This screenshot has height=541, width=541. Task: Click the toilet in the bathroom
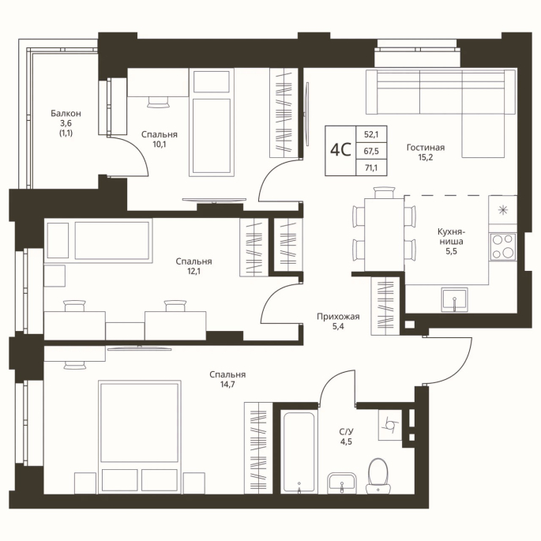(x=378, y=475)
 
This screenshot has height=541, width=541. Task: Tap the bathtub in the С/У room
(x=299, y=451)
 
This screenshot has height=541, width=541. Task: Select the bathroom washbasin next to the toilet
(x=341, y=483)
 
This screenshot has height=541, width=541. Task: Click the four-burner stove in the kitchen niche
(x=503, y=246)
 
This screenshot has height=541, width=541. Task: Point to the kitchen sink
(x=455, y=299)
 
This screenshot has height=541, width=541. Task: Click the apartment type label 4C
(x=340, y=150)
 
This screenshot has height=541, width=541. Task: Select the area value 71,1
(x=371, y=167)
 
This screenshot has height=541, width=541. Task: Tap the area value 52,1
(x=371, y=134)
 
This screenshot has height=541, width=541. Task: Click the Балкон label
(x=66, y=113)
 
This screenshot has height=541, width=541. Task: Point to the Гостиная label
(x=426, y=148)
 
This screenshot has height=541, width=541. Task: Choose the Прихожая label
(x=338, y=317)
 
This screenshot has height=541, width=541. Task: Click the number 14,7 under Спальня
(x=227, y=385)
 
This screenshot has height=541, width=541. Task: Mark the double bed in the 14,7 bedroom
(x=139, y=437)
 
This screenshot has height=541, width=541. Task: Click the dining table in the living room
(x=385, y=235)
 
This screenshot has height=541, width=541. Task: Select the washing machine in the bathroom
(x=390, y=425)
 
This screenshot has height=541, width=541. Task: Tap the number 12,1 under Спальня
(x=194, y=271)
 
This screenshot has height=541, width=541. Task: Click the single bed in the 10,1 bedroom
(x=212, y=122)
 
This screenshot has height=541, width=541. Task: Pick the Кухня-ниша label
(x=451, y=236)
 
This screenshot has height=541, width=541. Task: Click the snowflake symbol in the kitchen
(x=503, y=209)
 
